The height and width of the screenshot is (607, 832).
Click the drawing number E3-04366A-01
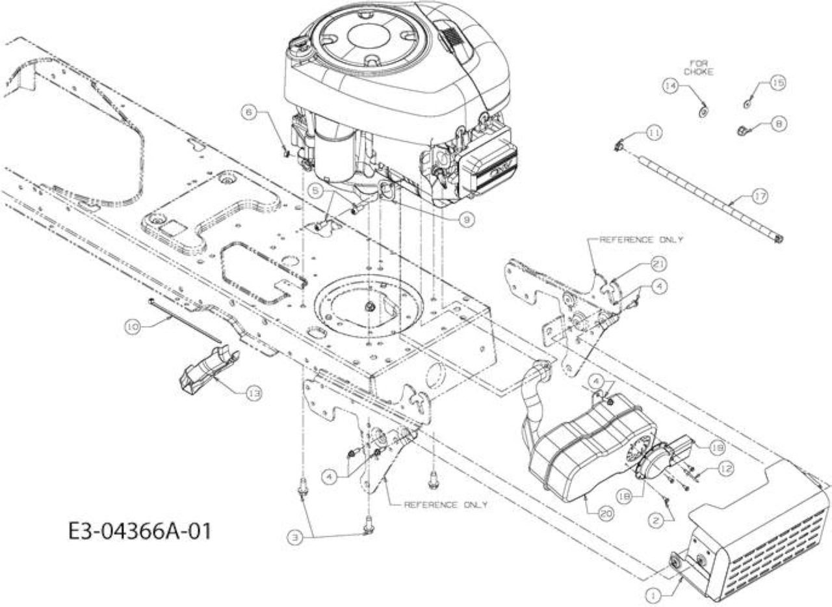pos(140,531)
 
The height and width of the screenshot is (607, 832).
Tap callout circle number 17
pos(760,196)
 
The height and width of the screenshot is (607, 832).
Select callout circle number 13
pos(254,393)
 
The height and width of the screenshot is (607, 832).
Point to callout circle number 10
pos(132,327)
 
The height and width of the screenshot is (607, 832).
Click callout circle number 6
pos(250,112)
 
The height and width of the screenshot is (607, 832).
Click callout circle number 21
pos(659,264)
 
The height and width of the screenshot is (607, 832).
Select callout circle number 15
pos(779,83)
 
